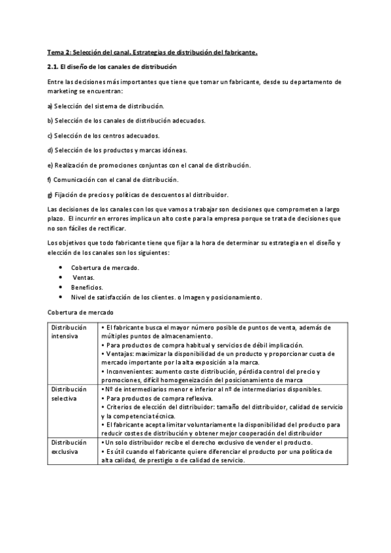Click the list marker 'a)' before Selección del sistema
(x=50, y=106)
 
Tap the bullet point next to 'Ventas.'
(x=61, y=277)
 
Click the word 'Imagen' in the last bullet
(x=208, y=297)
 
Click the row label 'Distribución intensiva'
(x=67, y=331)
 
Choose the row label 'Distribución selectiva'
(x=67, y=393)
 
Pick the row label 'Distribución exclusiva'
(x=67, y=446)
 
